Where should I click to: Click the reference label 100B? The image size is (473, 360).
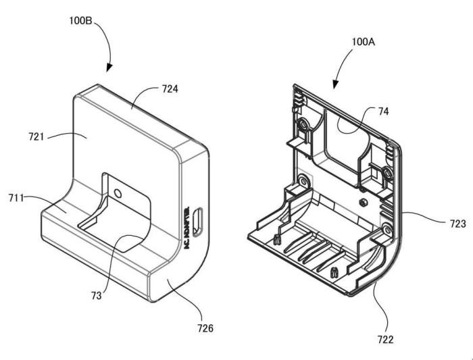pyautogui.click(x=81, y=20)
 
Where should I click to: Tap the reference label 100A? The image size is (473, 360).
pyautogui.click(x=364, y=42)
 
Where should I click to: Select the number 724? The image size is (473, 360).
pyautogui.click(x=170, y=89)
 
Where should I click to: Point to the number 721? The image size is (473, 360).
pyautogui.click(x=36, y=136)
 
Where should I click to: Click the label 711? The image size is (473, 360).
pyautogui.click(x=16, y=198)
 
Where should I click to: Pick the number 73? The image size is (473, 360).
pyautogui.click(x=97, y=296)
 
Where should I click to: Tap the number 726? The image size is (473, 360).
pyautogui.click(x=205, y=328)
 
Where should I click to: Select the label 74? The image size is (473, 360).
pyautogui.click(x=383, y=111)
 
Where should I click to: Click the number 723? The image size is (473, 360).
pyautogui.click(x=458, y=224)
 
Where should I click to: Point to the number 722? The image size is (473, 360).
pyautogui.click(x=386, y=340)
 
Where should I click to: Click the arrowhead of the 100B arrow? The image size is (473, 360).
pyautogui.click(x=109, y=68)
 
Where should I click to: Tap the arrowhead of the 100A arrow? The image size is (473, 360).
pyautogui.click(x=335, y=84)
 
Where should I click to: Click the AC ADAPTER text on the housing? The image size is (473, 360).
pyautogui.click(x=186, y=228)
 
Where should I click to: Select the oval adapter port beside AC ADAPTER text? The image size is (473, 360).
pyautogui.click(x=197, y=222)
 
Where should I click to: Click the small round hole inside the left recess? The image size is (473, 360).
pyautogui.click(x=118, y=193)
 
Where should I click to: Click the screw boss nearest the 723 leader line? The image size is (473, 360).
pyautogui.click(x=387, y=229)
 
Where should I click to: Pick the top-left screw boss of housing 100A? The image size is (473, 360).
pyautogui.click(x=303, y=124)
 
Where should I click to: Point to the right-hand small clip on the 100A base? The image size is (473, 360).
pyautogui.click(x=333, y=272)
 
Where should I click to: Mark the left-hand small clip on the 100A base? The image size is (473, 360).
pyautogui.click(x=276, y=240)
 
